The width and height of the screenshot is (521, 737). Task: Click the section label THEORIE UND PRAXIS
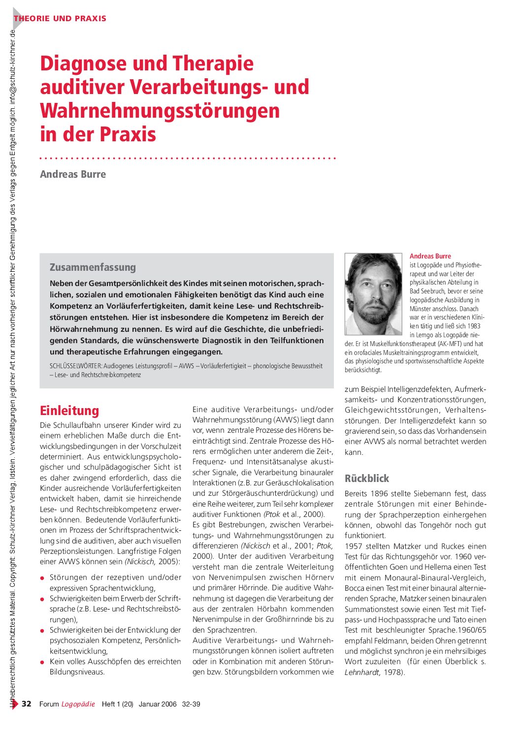[x=60, y=19]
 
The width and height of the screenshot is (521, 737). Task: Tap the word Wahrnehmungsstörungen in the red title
[x=160, y=111]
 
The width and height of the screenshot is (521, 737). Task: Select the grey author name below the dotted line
[x=73, y=174]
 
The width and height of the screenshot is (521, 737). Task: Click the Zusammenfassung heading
[x=93, y=267]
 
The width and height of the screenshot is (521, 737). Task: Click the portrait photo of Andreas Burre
[x=373, y=294]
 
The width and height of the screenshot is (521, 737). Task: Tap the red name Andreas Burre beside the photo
[x=430, y=256]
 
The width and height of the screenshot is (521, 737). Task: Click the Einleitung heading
[x=69, y=411]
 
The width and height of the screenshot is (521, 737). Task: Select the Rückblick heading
[x=366, y=479]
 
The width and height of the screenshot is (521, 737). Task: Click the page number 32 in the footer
[x=27, y=704]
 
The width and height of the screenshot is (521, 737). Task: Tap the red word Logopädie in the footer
[x=78, y=704]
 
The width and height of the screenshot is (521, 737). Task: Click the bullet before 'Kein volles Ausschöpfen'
[x=43, y=662]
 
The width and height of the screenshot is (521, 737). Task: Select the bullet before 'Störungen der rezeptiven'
[x=43, y=578]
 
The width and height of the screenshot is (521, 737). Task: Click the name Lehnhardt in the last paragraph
[x=362, y=673]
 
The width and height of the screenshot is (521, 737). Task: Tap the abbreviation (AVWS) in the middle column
[x=285, y=420]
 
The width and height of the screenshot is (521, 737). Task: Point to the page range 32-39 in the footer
[x=191, y=704]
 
